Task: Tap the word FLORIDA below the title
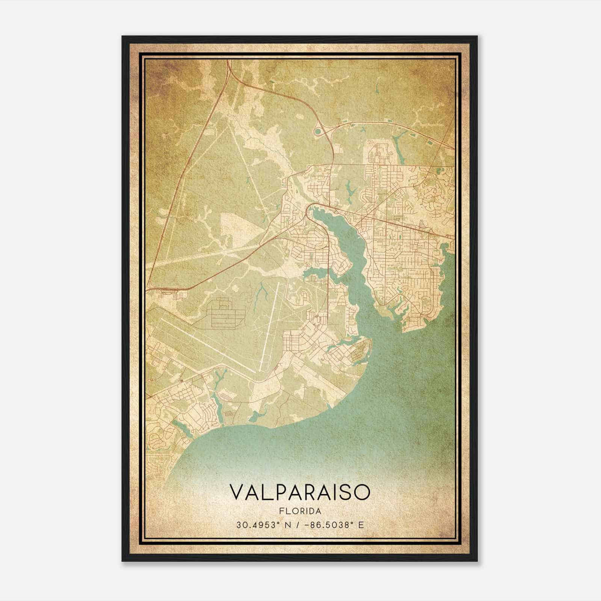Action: [300, 511]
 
